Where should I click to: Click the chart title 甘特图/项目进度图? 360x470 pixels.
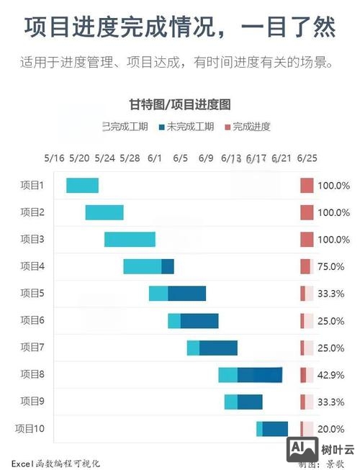click(179, 104)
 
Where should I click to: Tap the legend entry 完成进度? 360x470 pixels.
click(248, 127)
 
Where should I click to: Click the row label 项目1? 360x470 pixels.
click(32, 186)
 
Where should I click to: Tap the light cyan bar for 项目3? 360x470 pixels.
click(130, 240)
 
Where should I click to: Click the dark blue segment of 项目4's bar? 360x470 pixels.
click(168, 266)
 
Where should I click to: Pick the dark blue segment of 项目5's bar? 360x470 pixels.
click(186, 294)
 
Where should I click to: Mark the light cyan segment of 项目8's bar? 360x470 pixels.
click(228, 375)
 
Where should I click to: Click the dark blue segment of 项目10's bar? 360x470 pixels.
click(275, 429)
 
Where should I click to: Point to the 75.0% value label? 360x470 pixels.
click(332, 267)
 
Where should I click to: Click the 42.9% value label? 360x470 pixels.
click(332, 375)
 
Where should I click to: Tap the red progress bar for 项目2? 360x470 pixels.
click(307, 212)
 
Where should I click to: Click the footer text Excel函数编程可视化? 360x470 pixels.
click(55, 464)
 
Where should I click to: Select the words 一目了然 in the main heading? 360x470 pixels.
click(288, 27)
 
